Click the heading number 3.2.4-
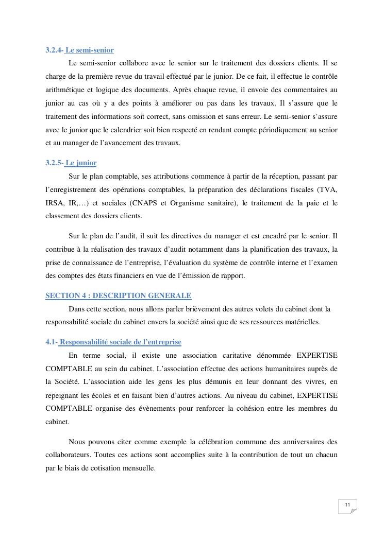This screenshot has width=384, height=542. (54, 50)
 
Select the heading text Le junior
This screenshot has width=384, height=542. (81, 163)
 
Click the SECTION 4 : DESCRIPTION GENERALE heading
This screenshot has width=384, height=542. (119, 295)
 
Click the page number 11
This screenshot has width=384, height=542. (347, 505)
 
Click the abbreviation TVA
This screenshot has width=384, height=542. (327, 189)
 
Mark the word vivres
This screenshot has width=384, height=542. (305, 382)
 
